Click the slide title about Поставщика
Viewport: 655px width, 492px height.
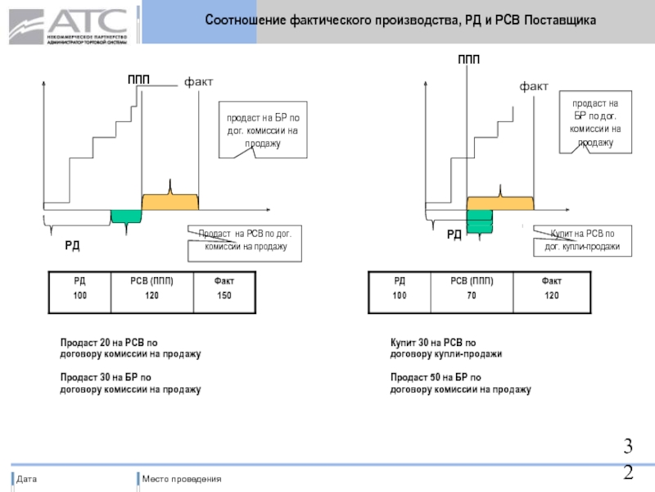400,19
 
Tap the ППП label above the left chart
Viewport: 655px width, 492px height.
138,80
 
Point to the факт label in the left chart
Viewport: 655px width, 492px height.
198,82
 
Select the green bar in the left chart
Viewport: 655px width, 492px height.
126,216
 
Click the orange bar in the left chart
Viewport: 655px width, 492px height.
170,202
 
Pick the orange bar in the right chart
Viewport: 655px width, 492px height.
500,203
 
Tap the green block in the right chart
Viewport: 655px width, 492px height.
480,220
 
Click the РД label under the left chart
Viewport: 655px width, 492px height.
73,245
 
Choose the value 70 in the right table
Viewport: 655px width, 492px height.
472,294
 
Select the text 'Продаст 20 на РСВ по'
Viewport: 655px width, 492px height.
108,343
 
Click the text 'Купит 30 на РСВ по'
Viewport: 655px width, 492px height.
433,343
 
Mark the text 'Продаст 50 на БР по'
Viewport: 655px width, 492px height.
436,377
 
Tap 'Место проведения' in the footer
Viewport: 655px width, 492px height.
182,479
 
